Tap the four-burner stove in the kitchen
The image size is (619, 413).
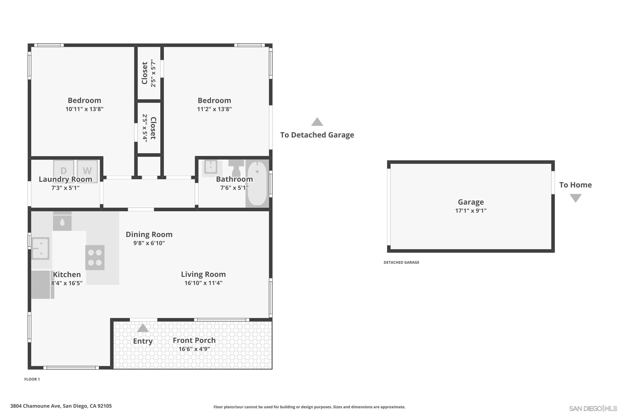(x=95, y=257)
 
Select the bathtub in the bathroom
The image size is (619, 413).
(x=257, y=184)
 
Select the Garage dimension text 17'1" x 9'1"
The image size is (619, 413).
(x=471, y=210)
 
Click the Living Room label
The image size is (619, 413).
(x=203, y=274)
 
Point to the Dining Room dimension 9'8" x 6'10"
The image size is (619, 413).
(x=149, y=243)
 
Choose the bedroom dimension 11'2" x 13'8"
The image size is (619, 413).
(x=214, y=109)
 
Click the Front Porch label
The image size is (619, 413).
(x=194, y=340)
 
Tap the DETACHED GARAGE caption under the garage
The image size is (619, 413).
(x=401, y=262)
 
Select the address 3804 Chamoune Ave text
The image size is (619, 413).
(x=61, y=406)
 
